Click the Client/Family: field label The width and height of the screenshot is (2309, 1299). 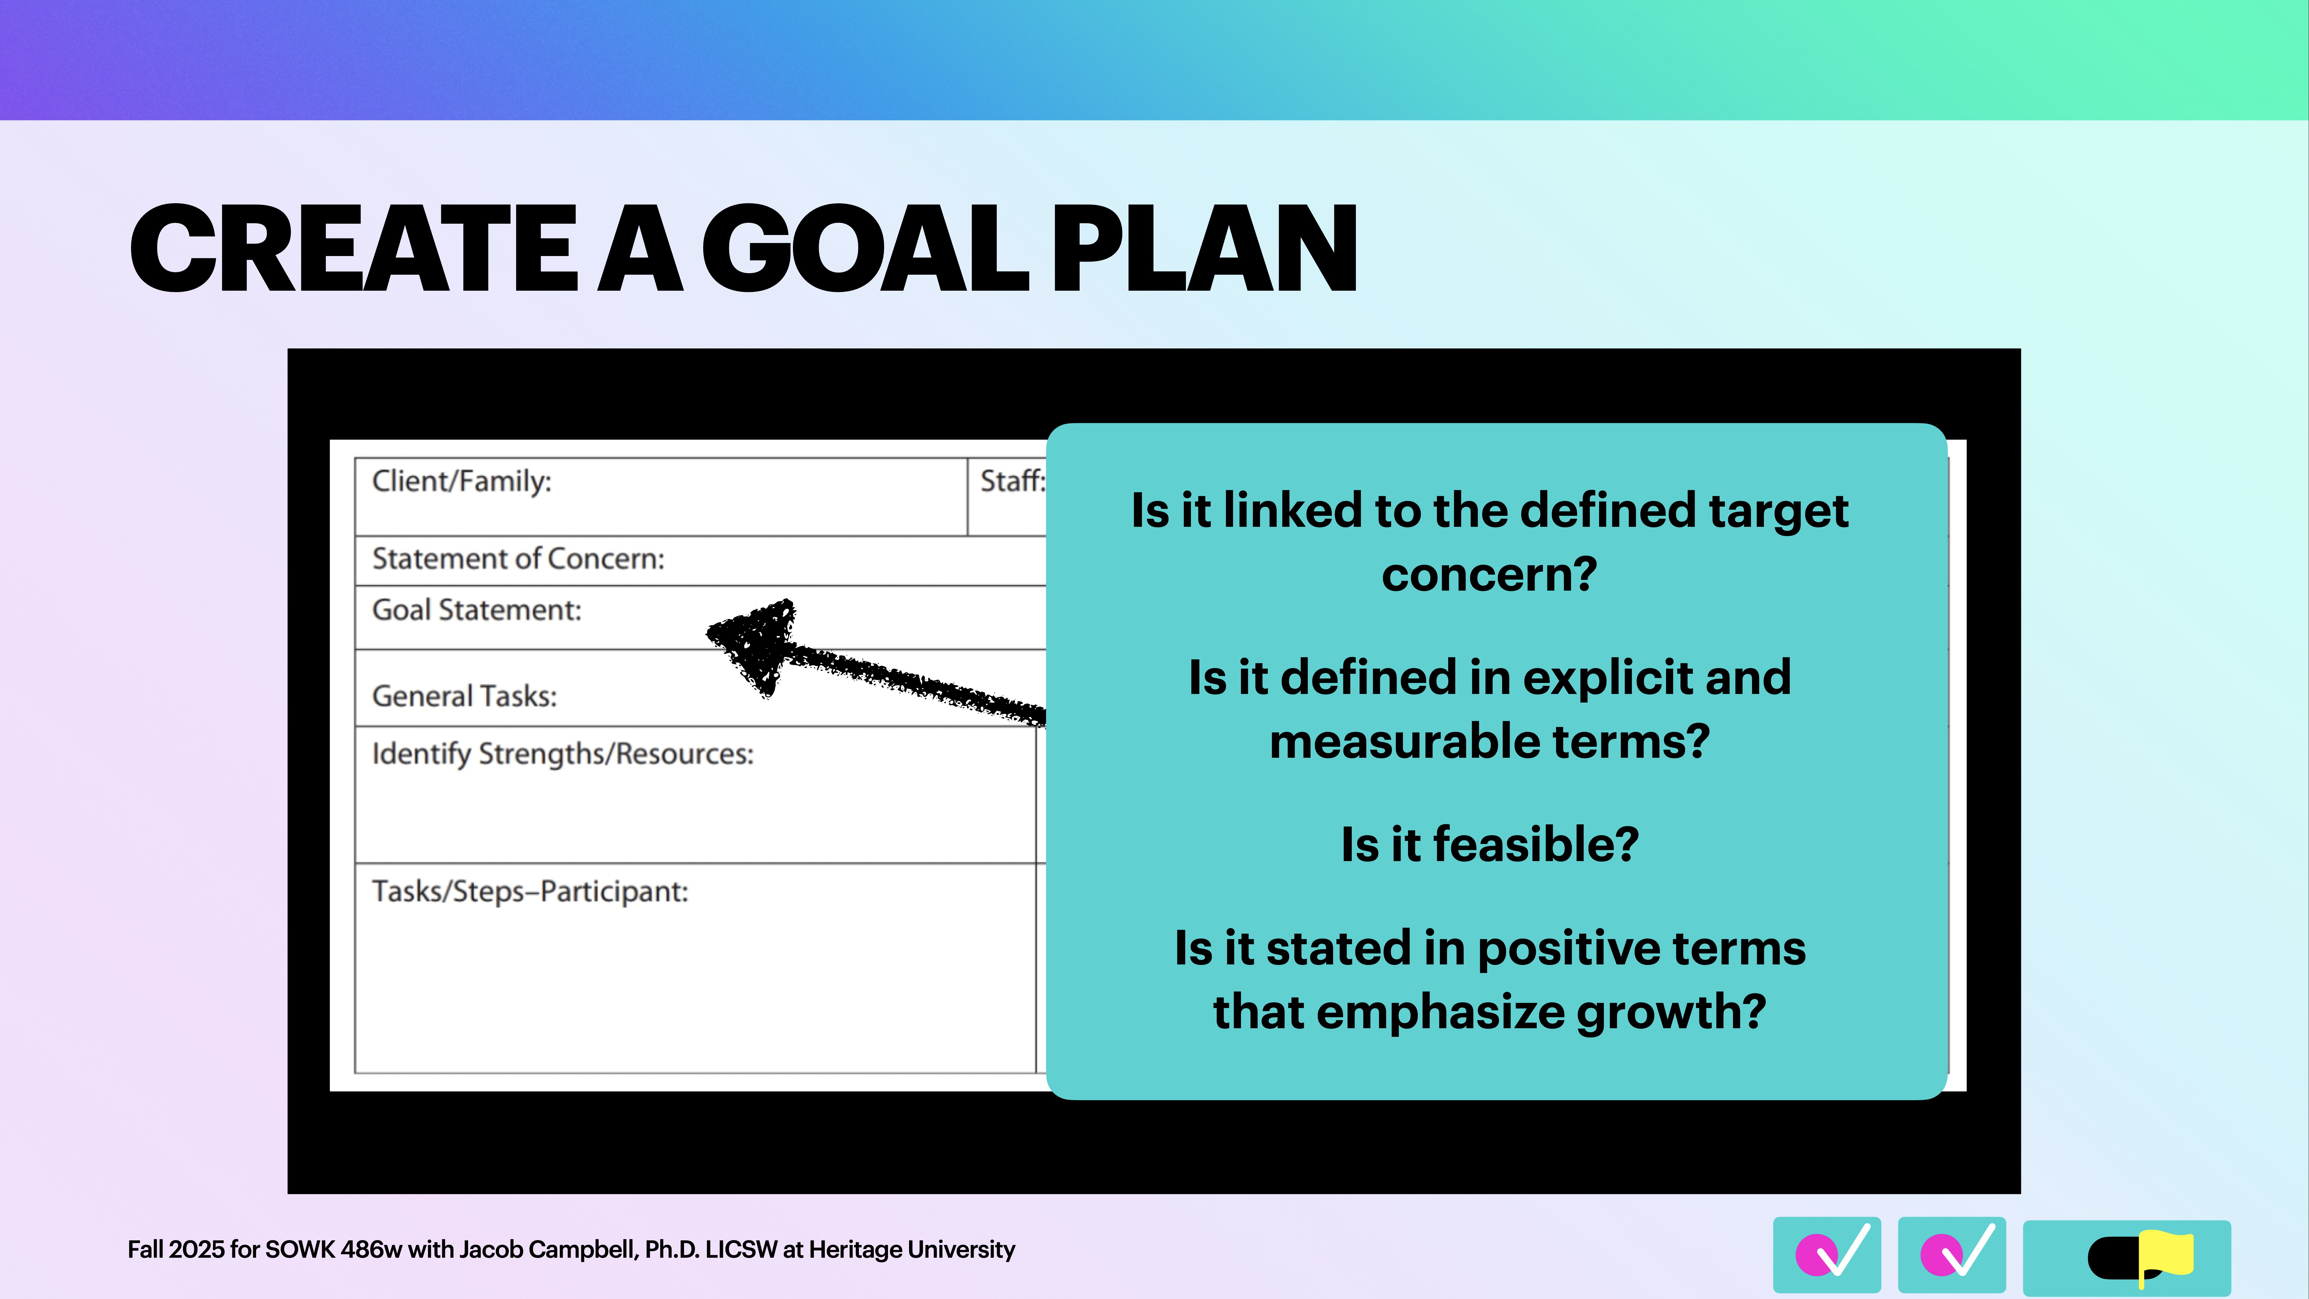point(462,481)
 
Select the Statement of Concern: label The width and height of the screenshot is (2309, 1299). point(518,559)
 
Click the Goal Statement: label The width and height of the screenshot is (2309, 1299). point(477,611)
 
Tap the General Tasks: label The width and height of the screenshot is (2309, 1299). point(464,697)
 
